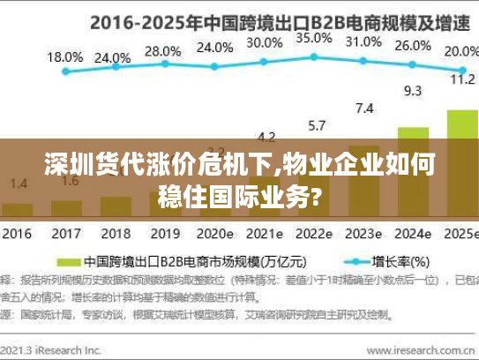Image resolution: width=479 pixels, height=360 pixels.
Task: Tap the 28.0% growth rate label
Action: (x=161, y=51)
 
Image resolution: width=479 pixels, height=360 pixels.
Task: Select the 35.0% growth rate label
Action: (x=313, y=38)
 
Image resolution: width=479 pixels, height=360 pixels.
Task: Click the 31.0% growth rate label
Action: (x=363, y=41)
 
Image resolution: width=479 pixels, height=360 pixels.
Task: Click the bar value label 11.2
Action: (x=462, y=79)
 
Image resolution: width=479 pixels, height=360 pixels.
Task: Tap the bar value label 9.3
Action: (x=412, y=90)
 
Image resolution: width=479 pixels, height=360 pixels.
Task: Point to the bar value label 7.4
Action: (x=363, y=108)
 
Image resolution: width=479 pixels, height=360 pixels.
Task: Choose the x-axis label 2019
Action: (x=164, y=235)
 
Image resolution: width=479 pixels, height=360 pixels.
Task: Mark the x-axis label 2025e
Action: (x=460, y=235)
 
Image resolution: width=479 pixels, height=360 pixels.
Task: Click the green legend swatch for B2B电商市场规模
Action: (x=70, y=262)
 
